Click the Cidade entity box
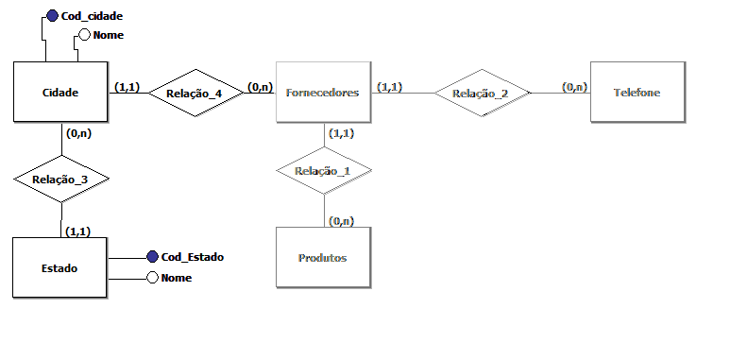click(60, 93)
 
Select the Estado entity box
click(60, 268)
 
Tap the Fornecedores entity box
click(322, 93)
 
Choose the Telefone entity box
click(636, 93)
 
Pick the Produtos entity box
click(322, 257)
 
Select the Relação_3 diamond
click(61, 177)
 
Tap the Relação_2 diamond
click(480, 93)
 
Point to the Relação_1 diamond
click(323, 171)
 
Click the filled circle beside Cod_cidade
click(52, 17)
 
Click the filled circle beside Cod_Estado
click(152, 257)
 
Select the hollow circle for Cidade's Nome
click(83, 35)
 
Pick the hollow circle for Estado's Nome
click(152, 278)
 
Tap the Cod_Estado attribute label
click(192, 257)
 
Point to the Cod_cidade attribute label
click(92, 17)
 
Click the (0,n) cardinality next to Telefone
click(573, 87)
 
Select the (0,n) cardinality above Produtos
click(340, 220)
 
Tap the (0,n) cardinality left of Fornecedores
click(260, 87)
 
